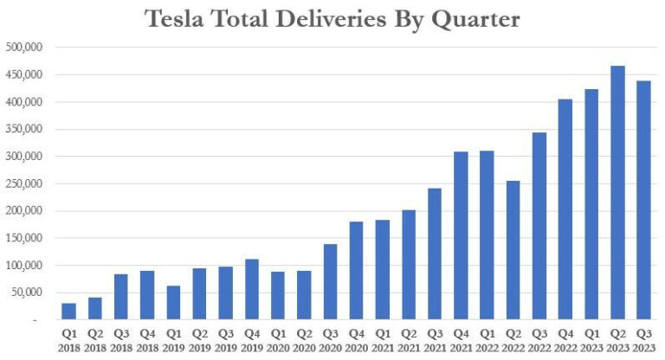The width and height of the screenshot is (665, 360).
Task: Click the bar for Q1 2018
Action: point(68,312)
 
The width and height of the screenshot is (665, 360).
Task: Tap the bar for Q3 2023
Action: point(643,200)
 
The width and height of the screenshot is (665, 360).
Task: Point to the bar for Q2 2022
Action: point(513,250)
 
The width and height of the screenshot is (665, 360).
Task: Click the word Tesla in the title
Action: point(180,19)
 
